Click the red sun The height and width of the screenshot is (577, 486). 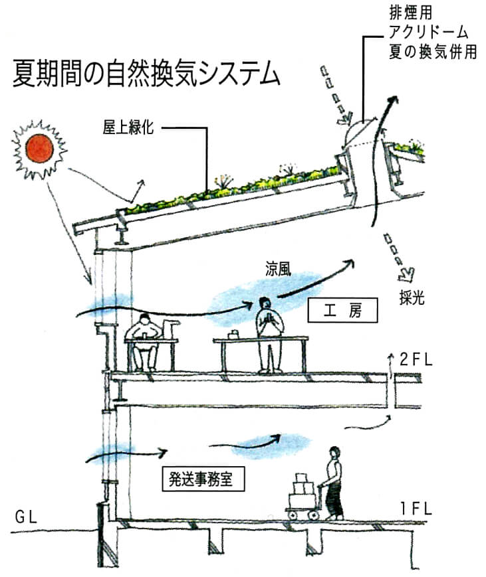click(x=39, y=148)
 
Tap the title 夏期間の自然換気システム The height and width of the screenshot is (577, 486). click(x=146, y=74)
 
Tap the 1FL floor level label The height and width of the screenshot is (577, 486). click(x=416, y=509)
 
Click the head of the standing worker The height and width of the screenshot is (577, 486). click(x=267, y=303)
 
